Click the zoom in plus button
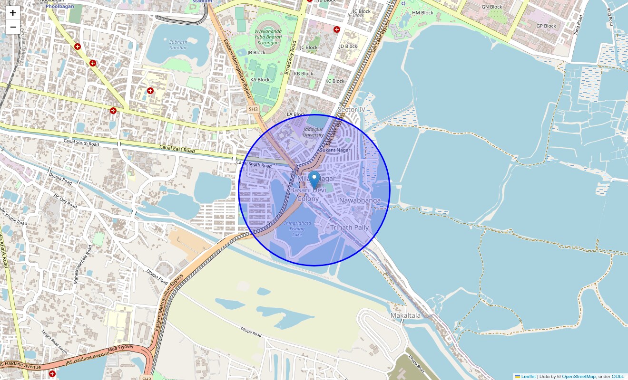[13, 13]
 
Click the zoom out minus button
[13, 27]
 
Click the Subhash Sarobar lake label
[178, 45]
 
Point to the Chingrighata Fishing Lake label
[297, 228]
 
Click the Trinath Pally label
[349, 228]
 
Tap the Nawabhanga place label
[360, 200]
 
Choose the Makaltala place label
[405, 315]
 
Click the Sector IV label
[351, 110]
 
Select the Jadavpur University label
[313, 132]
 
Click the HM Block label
[422, 13]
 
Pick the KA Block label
[260, 80]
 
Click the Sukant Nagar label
[335, 150]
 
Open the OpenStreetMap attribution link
[579, 377]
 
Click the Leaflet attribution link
[528, 377]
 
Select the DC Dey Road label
[65, 200]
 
